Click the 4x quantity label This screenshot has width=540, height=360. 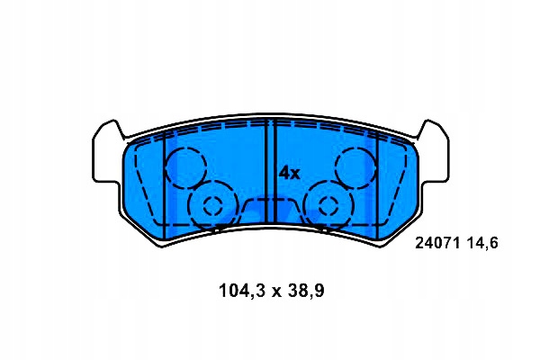tap(288, 172)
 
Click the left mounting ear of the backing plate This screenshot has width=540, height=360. tap(106, 153)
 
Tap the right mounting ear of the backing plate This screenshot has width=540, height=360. tap(434, 153)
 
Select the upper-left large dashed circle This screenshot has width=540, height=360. tap(186, 166)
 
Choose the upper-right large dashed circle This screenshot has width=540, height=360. tap(354, 166)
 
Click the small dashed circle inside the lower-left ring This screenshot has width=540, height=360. tap(213, 205)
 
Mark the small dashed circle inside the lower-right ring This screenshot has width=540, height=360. tap(326, 205)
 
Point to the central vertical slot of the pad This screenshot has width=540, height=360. tap(270, 171)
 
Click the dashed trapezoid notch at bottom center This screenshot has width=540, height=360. tap(270, 212)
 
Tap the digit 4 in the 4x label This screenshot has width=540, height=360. tap(283, 172)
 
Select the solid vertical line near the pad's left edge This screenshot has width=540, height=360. tap(165, 180)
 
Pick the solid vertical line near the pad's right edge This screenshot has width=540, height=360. tap(376, 180)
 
